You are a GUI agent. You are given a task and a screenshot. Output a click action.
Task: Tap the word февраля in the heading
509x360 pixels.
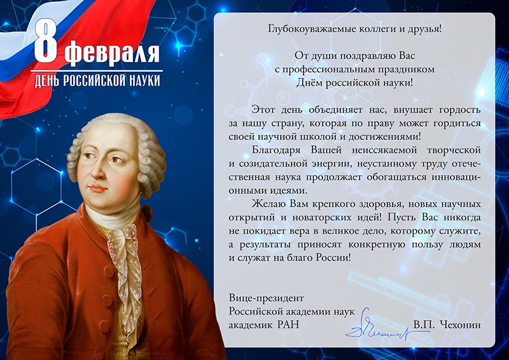pos(112,52)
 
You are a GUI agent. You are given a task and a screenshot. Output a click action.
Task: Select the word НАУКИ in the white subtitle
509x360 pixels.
pos(144,81)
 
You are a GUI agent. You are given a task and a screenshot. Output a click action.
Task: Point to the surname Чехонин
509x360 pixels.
pos(461,324)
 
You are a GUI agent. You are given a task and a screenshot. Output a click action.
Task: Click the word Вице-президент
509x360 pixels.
pos(266,298)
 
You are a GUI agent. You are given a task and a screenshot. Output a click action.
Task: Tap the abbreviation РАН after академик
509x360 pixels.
pos(288,324)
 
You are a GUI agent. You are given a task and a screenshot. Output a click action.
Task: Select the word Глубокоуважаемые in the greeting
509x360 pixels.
pos(312,29)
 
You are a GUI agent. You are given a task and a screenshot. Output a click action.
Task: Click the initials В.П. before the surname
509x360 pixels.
pos(422,324)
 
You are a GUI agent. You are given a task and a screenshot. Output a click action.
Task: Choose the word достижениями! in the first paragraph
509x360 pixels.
pos(384,137)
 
